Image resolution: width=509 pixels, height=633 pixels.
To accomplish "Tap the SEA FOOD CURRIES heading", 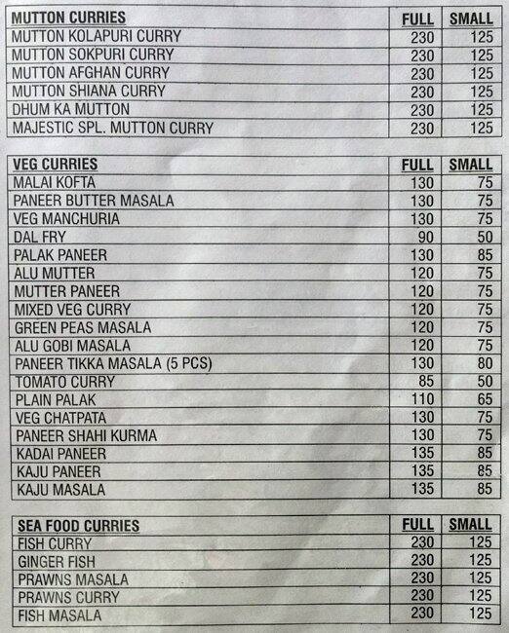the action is click(78, 526).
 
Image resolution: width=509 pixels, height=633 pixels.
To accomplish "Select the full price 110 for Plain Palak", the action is click(419, 399).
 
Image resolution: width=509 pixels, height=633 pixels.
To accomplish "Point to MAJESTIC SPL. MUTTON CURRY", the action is click(112, 129).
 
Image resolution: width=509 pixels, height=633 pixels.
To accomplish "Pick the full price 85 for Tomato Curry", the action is click(421, 381).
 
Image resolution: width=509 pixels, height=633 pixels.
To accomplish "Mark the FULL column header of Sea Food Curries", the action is click(417, 526).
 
